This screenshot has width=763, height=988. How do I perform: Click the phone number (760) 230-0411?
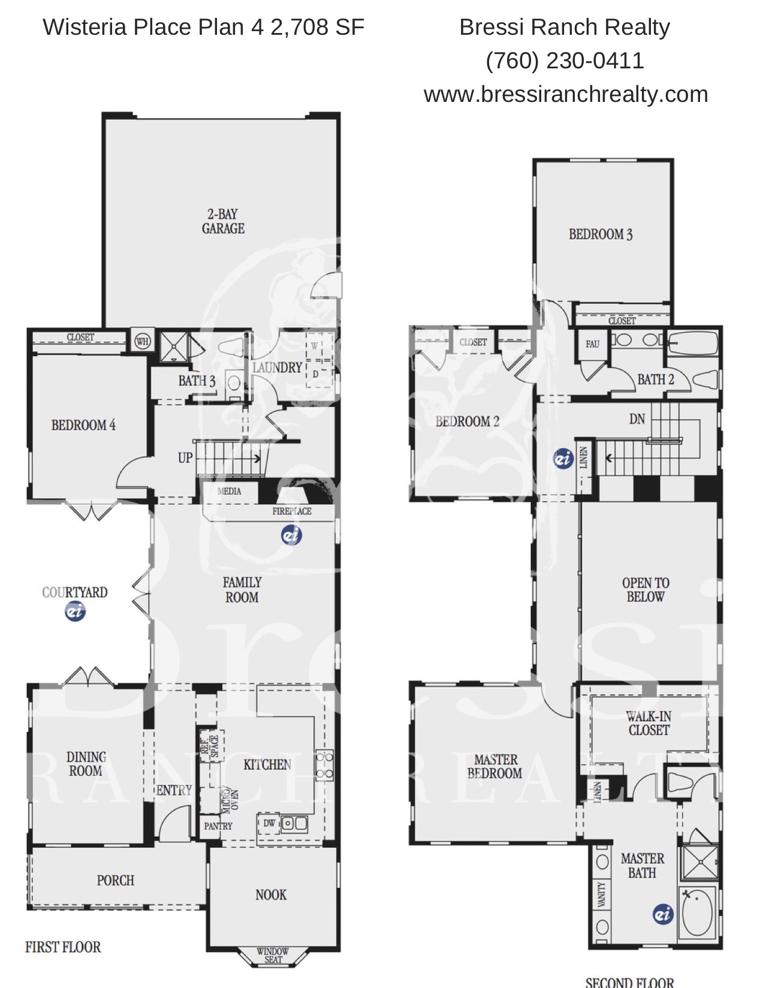click(x=565, y=61)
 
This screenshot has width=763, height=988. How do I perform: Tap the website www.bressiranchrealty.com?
click(x=566, y=94)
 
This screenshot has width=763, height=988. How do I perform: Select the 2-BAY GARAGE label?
click(x=223, y=221)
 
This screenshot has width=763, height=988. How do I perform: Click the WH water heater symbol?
click(x=143, y=341)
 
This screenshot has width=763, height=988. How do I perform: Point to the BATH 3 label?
click(x=197, y=381)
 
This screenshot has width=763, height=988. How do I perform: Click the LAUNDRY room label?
click(x=277, y=368)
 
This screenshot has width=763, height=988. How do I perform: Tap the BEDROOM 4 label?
click(x=83, y=425)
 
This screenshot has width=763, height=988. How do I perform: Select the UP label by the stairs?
click(x=185, y=458)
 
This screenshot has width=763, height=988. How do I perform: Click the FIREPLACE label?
click(x=292, y=511)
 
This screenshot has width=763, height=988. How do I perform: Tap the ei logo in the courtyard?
click(x=75, y=611)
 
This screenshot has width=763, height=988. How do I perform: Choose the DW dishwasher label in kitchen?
click(x=269, y=823)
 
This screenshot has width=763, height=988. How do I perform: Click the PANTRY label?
click(x=218, y=826)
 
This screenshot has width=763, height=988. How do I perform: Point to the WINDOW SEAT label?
click(x=273, y=955)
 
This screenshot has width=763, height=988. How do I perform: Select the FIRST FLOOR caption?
click(x=63, y=947)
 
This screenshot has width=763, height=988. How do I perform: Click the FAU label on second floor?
click(x=592, y=344)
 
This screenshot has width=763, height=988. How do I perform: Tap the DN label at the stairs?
click(x=637, y=418)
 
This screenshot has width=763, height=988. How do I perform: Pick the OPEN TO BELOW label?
click(x=646, y=590)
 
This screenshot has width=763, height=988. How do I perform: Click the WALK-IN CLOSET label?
click(x=649, y=724)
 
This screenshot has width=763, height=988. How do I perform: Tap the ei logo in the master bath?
click(x=662, y=914)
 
